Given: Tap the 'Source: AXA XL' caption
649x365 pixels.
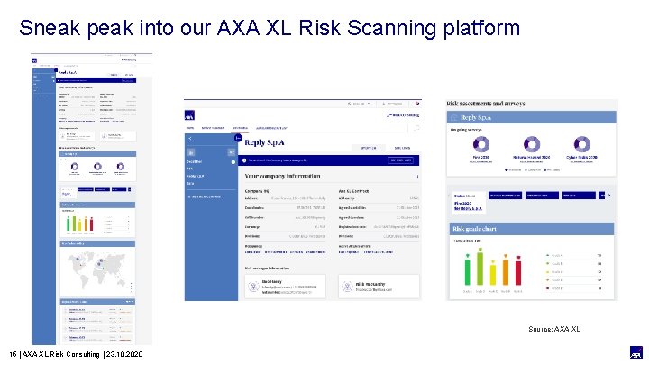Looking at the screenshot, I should (554, 329).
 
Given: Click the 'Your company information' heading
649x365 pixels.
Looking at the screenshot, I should (296, 177).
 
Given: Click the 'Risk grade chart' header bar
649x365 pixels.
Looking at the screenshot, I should (532, 229).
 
